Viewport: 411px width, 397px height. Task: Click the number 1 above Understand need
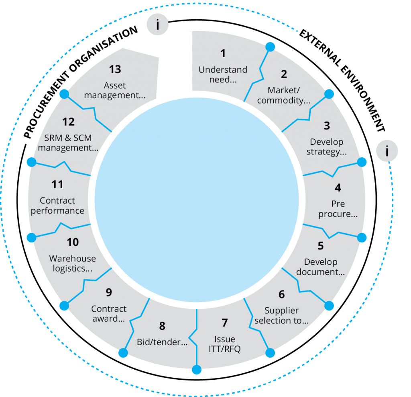223,53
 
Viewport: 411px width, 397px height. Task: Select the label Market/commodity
283,95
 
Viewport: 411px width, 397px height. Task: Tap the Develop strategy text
326,147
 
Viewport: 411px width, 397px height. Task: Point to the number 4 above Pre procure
338,188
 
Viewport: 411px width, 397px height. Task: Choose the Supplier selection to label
281,316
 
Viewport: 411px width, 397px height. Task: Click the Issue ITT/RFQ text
224,344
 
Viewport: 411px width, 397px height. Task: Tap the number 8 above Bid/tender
162,326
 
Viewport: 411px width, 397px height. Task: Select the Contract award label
108,314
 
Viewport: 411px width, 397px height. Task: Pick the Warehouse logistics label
73,263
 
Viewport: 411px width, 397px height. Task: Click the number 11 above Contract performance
57,185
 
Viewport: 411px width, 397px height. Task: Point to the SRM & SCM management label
68,143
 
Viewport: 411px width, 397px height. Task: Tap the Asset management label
115,91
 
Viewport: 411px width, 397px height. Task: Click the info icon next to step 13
157,25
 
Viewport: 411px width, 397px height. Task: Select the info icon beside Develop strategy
387,151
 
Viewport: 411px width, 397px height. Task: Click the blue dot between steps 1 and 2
271,47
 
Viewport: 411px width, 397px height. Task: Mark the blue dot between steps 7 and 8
197,370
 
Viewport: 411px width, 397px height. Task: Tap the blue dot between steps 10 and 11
31,237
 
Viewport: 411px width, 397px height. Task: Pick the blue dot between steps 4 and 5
362,237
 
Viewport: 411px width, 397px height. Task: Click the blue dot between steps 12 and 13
64,94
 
